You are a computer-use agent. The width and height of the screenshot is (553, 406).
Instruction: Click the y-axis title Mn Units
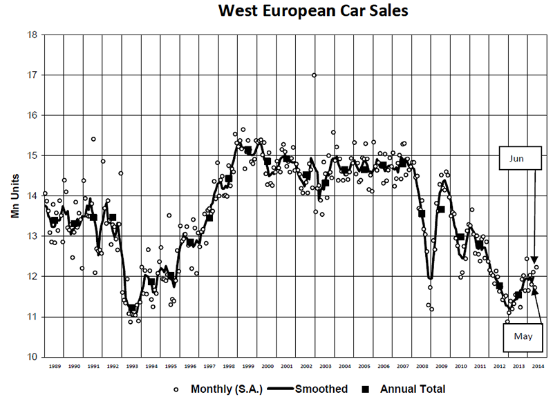[x=15, y=196]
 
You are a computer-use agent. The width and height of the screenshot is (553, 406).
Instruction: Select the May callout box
[x=523, y=338]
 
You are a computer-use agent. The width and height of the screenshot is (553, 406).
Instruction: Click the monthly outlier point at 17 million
[x=314, y=75]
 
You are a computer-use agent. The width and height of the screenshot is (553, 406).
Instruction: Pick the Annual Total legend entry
[x=404, y=389]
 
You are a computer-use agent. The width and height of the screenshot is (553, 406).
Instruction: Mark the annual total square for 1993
[x=132, y=308]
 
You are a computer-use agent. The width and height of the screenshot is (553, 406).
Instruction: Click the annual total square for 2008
[x=422, y=213]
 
